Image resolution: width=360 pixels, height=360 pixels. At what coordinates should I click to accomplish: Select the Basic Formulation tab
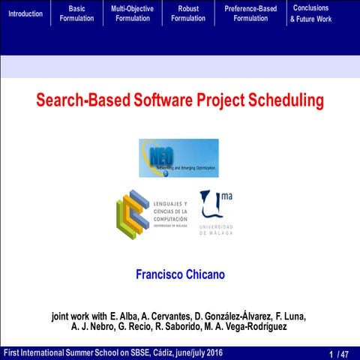click(x=76, y=13)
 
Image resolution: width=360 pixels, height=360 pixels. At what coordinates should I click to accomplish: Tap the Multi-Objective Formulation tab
click(x=132, y=13)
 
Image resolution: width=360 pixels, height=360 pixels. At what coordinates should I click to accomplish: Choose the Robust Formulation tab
click(x=187, y=13)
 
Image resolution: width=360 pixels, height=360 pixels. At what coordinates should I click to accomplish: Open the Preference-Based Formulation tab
click(x=250, y=13)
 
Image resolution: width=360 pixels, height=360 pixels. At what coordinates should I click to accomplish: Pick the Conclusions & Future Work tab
click(x=310, y=13)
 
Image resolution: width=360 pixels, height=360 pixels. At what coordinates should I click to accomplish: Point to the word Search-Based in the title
click(x=81, y=100)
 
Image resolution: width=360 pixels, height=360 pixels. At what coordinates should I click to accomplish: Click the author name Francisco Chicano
click(x=180, y=274)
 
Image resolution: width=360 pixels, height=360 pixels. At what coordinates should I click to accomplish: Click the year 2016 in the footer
click(x=211, y=352)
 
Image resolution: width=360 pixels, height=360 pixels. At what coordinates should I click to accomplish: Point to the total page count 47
click(x=344, y=353)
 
